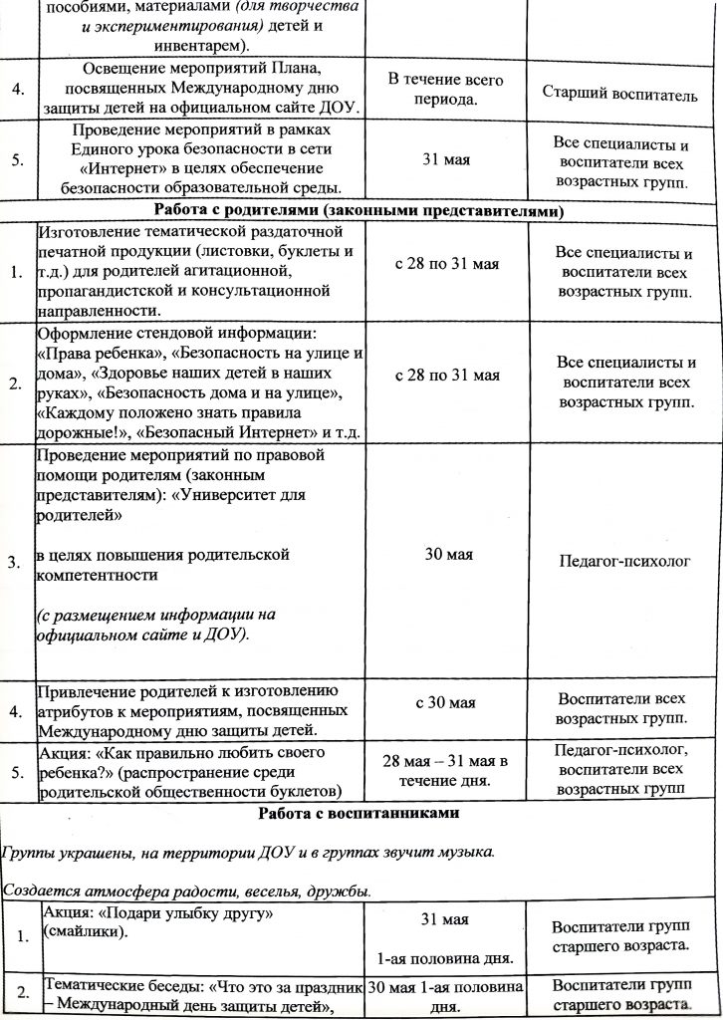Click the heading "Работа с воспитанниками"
point(359,813)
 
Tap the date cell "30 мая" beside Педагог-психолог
point(448,554)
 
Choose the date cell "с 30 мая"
point(445,702)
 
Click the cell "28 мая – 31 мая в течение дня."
point(445,770)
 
